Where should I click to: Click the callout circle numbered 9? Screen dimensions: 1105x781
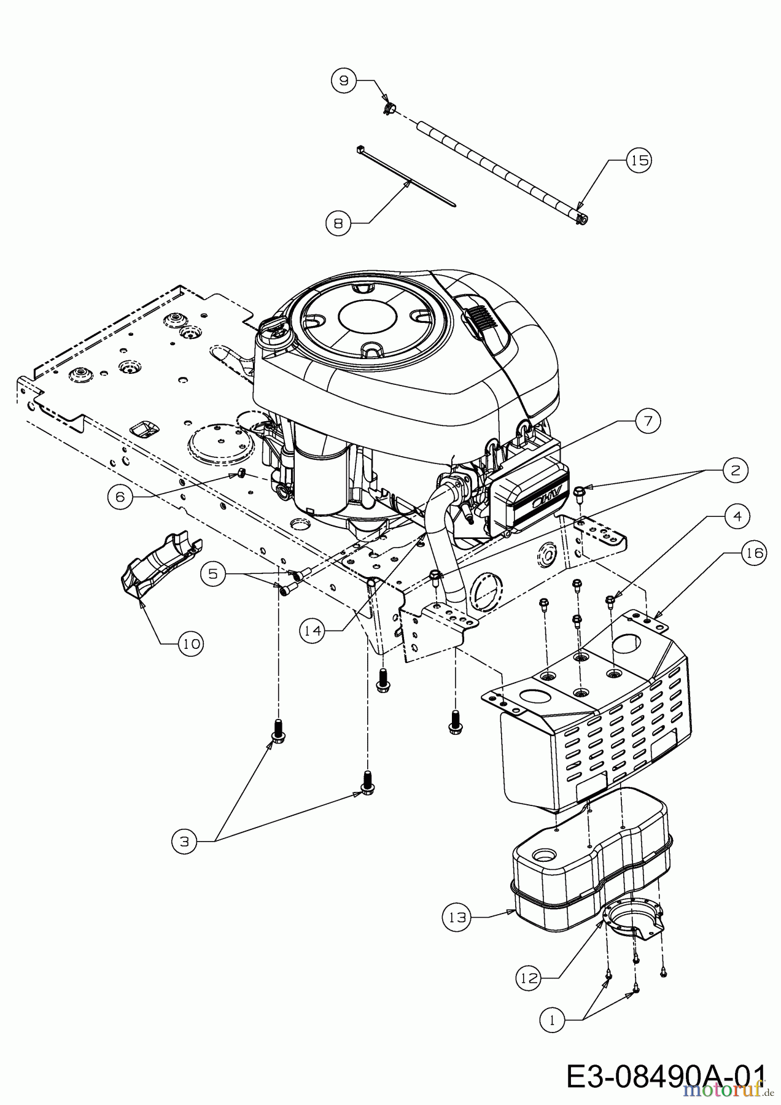[344, 80]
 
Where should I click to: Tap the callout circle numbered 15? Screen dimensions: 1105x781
[639, 160]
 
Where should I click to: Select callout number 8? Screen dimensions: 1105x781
[338, 223]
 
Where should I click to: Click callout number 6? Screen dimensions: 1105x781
[120, 497]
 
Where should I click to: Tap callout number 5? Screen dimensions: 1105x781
[212, 573]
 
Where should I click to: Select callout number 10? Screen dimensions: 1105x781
[190, 644]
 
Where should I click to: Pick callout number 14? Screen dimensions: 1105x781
[313, 630]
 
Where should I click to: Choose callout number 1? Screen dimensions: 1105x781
[552, 1020]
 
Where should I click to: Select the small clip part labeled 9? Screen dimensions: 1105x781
[388, 109]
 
